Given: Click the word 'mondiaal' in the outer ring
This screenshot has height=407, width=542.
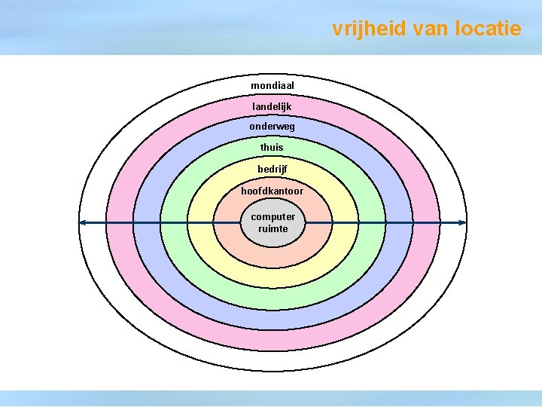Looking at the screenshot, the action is click(x=273, y=86).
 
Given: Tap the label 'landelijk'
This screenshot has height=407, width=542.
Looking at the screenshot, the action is click(x=272, y=107).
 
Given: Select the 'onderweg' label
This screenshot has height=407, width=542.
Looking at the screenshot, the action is click(x=273, y=127).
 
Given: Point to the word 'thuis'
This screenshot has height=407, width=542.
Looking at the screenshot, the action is click(x=272, y=148).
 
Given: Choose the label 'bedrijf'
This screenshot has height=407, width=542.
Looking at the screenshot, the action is click(x=273, y=169).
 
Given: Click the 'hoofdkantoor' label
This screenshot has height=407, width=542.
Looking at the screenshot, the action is click(x=273, y=191).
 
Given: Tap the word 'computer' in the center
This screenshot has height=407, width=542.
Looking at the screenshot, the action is click(x=273, y=217).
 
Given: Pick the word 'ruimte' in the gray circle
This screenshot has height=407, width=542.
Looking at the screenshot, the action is click(x=273, y=229).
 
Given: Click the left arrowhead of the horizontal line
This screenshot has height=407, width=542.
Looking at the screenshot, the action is click(x=83, y=222).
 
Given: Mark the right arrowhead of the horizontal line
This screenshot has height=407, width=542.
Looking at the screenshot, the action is click(x=462, y=222).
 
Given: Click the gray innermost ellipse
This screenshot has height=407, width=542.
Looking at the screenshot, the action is click(x=273, y=240).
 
